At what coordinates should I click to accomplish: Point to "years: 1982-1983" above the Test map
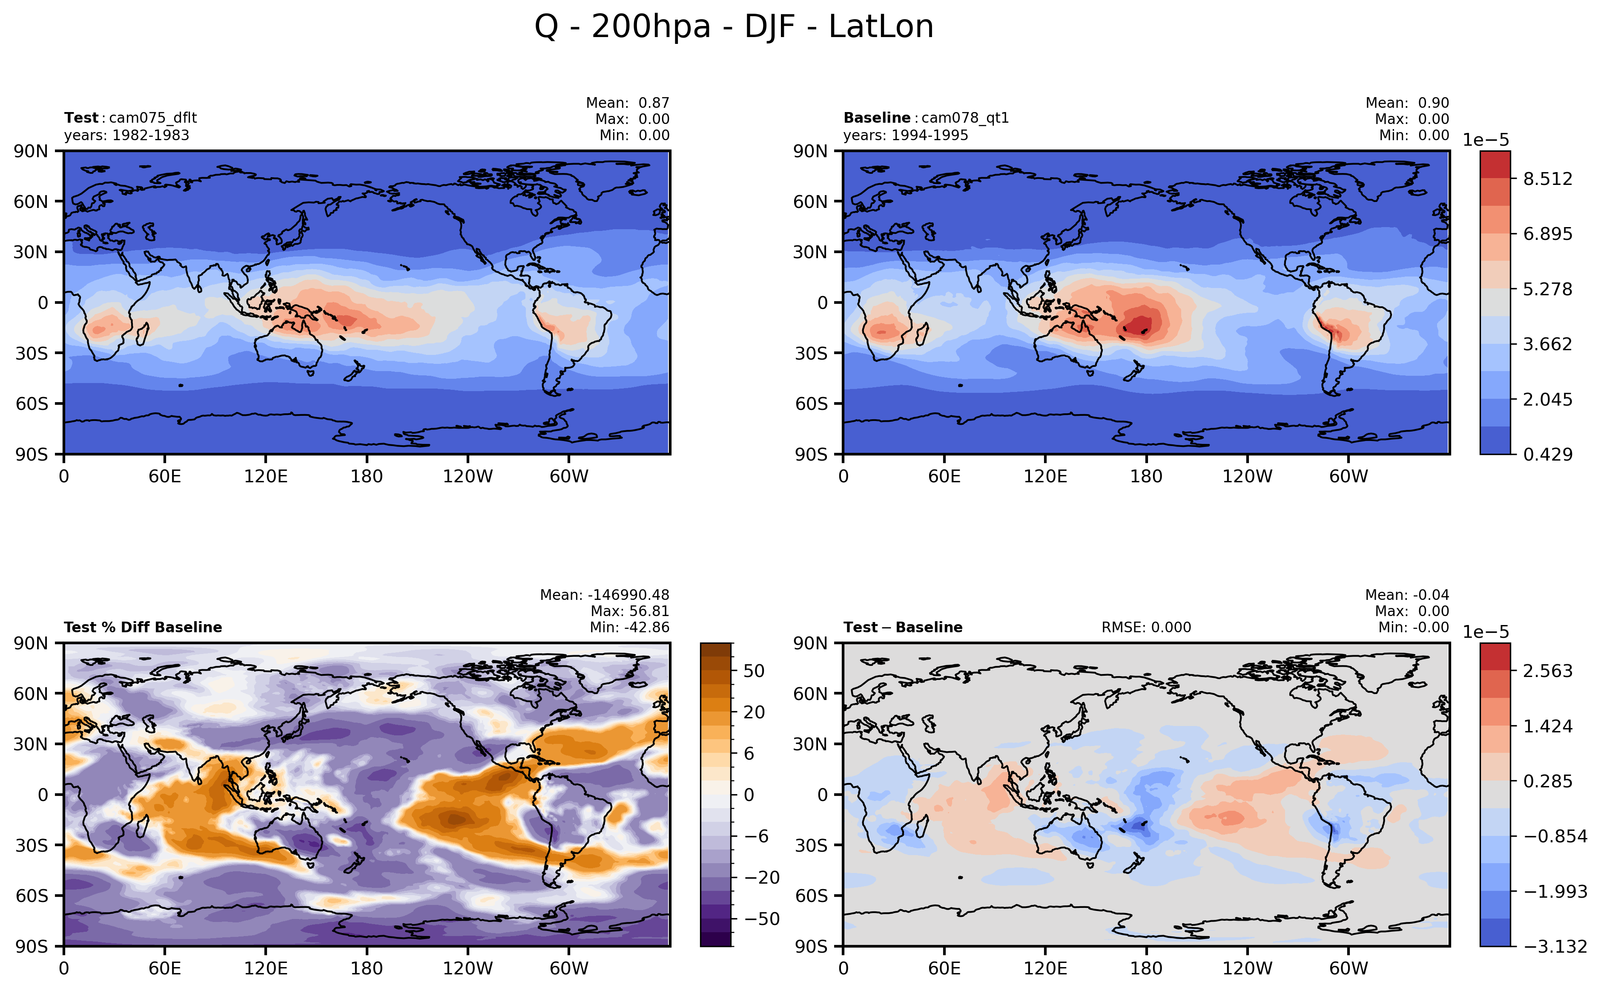pyautogui.click(x=126, y=135)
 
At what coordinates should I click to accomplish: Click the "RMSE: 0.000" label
pyautogui.click(x=1146, y=627)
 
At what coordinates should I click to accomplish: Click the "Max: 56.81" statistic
pyautogui.click(x=629, y=611)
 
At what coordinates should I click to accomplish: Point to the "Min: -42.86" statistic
pyautogui.click(x=629, y=627)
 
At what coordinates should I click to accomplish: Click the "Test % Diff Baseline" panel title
pyautogui.click(x=143, y=627)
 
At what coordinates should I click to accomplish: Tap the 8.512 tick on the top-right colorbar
pyautogui.click(x=1547, y=179)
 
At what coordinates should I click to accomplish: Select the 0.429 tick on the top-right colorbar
pyautogui.click(x=1547, y=454)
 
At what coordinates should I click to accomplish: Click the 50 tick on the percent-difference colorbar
pyautogui.click(x=754, y=671)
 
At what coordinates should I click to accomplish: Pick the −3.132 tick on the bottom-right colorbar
pyautogui.click(x=1555, y=946)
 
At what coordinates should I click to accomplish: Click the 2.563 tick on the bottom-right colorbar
pyautogui.click(x=1547, y=671)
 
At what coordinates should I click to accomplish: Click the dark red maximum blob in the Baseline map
pyautogui.click(x=1140, y=324)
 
